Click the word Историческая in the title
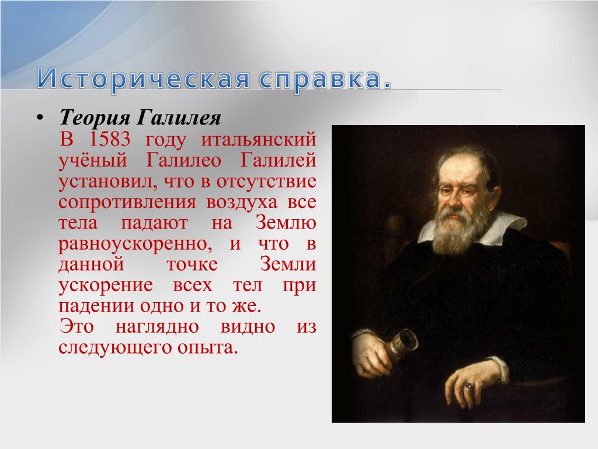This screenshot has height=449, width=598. pyautogui.click(x=144, y=79)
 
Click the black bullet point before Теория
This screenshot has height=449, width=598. pyautogui.click(x=39, y=118)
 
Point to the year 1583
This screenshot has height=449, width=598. pyautogui.click(x=109, y=139)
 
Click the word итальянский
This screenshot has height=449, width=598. pyautogui.click(x=259, y=140)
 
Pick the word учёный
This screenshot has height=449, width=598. pyautogui.click(x=93, y=160)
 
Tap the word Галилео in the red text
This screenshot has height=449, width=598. pyautogui.click(x=183, y=160)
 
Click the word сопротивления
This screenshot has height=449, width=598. pyautogui.click(x=127, y=202)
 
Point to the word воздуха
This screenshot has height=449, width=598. pyautogui.click(x=242, y=202)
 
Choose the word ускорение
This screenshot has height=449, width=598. pyautogui.click(x=106, y=285)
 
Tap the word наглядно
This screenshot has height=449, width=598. pyautogui.click(x=157, y=327)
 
